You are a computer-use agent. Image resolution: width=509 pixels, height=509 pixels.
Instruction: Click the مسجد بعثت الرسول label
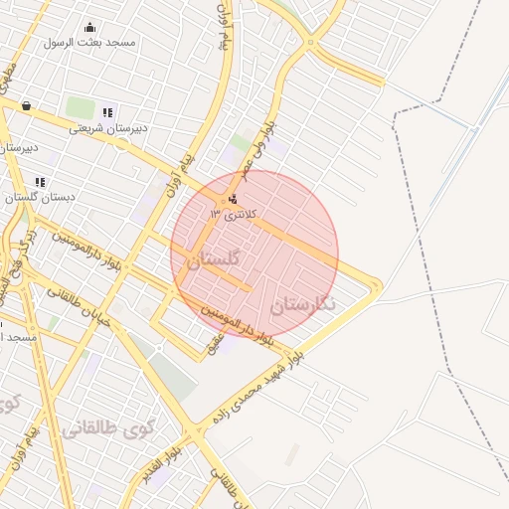point(90,43)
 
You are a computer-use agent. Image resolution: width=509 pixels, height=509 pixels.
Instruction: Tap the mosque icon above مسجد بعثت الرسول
point(90,28)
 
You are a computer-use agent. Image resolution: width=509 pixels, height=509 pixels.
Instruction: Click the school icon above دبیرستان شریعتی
point(107,112)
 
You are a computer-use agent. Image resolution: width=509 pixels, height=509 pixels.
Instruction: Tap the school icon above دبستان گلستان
point(40,182)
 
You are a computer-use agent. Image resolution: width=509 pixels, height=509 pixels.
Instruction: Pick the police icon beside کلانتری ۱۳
point(233,199)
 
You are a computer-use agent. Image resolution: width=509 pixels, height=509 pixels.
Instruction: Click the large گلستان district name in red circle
point(214,259)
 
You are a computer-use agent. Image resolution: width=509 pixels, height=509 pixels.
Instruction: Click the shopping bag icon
point(25,105)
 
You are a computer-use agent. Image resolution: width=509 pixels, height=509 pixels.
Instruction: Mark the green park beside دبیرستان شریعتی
point(79,106)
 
